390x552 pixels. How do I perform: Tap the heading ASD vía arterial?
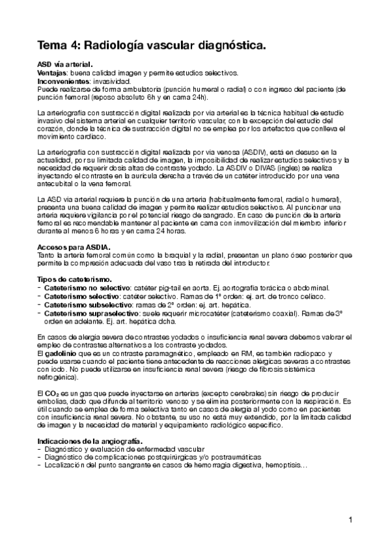tap(64, 64)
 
